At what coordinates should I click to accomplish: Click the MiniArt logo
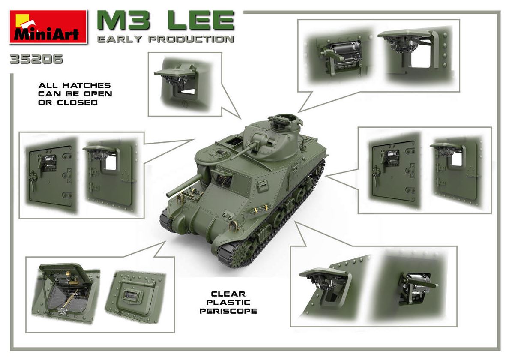pos(48,27)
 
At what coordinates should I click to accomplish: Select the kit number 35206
pos(36,59)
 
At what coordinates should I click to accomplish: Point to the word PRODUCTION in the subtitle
pos(191,39)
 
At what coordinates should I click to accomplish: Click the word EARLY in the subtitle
pos(120,39)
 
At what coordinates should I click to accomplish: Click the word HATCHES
pos(87,85)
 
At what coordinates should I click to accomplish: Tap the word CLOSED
pos(77,102)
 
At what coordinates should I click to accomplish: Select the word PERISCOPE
pos(228,311)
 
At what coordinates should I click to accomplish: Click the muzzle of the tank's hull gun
pos(168,195)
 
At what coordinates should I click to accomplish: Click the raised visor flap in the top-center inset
pos(176,71)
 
